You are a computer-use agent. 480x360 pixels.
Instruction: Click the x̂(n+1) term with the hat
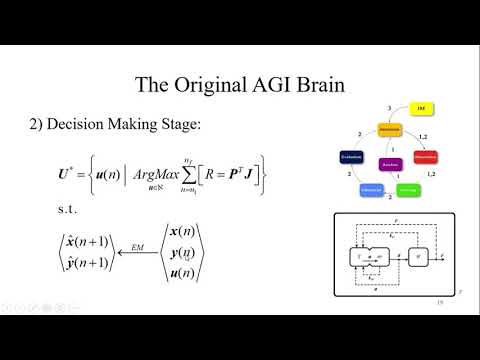85,237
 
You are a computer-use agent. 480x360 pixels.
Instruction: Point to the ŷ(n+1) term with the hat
85,262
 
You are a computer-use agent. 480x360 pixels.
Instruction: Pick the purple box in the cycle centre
390,163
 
